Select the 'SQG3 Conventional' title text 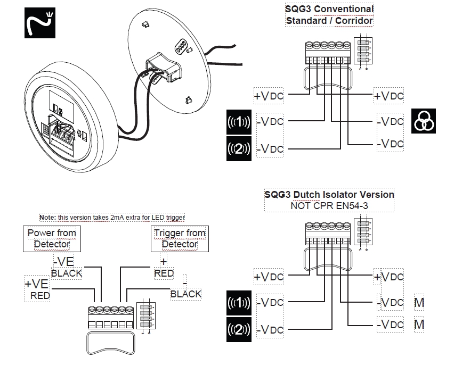pos(330,9)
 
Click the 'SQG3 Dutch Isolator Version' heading pos(329,194)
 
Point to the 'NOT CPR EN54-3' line pos(329,205)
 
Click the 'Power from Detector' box pos(52,238)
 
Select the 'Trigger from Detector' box pos(180,238)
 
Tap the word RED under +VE pos(39,295)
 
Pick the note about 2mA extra pos(111,217)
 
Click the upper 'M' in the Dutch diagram pos(419,303)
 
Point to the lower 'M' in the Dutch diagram pos(419,324)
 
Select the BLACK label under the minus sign pos(186,294)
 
